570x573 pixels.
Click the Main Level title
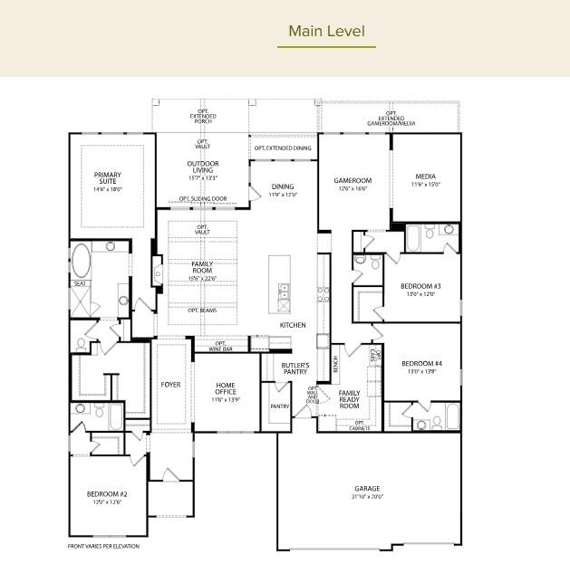326,32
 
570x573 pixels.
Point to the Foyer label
170,385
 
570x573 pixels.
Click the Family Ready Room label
349,399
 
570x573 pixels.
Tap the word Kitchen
293,325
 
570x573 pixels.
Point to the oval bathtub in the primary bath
81,261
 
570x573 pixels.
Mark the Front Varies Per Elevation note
104,546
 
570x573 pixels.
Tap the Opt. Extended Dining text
282,148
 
